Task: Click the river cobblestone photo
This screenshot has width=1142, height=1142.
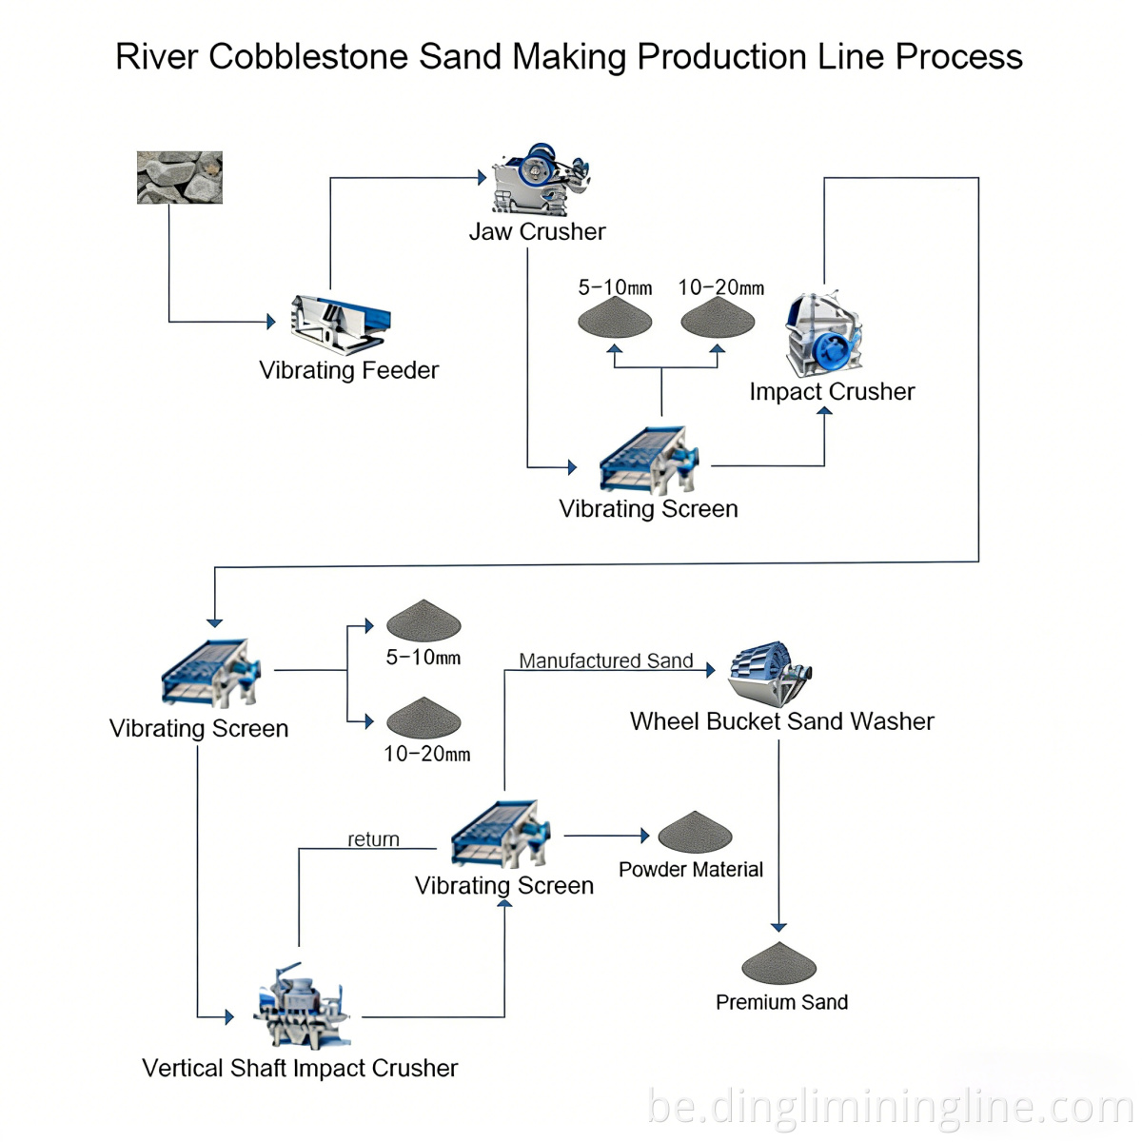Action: point(179,177)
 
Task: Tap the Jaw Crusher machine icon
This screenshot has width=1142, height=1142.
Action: point(540,180)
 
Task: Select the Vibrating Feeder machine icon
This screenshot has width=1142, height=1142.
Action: point(341,325)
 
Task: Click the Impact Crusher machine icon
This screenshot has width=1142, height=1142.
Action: point(823,335)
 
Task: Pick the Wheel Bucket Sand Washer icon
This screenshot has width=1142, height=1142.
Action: point(770,674)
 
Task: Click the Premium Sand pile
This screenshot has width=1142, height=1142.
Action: point(779,964)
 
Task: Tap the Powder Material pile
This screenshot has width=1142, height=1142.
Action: point(695,833)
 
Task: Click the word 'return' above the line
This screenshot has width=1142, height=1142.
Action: point(373,839)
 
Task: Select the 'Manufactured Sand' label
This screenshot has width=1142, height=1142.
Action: point(605,660)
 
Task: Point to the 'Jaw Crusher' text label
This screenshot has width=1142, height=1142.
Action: point(537,231)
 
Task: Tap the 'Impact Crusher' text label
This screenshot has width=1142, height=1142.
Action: point(832,391)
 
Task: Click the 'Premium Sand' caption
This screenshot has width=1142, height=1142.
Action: point(781,1002)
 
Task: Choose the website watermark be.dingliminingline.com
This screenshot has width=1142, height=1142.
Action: point(890,1108)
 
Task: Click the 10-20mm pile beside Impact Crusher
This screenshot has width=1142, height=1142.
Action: point(718,318)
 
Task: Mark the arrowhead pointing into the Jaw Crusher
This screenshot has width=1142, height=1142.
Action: point(482,178)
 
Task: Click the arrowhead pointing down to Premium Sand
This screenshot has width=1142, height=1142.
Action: point(779,927)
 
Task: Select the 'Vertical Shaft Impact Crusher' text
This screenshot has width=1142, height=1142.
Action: point(300,1068)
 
